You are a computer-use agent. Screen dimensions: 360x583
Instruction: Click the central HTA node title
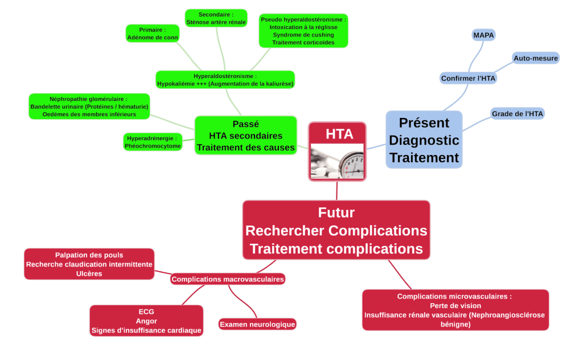339,134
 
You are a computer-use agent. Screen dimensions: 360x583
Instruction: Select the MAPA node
484,35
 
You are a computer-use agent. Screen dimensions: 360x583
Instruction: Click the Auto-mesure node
536,58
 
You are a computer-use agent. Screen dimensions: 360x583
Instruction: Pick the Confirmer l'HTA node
469,78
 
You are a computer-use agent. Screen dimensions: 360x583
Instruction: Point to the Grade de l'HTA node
518,114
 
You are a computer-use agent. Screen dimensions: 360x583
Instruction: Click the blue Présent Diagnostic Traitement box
424,140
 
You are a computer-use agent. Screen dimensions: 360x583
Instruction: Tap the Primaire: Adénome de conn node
153,33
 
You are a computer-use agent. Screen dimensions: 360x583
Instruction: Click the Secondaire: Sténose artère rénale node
216,18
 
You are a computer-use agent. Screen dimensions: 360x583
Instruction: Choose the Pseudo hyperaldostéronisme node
303,31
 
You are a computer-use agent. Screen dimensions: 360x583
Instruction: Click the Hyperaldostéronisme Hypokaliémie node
225,80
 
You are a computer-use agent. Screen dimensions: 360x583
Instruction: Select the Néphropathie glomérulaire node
90,107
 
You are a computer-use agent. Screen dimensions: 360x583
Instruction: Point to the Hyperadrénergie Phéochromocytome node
153,142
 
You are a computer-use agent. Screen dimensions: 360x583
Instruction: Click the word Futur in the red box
336,212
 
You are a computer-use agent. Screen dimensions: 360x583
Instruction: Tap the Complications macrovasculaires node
228,279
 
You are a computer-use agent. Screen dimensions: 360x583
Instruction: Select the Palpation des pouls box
89,264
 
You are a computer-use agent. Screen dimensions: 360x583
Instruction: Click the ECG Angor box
146,321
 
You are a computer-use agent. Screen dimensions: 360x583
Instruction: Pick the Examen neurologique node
257,324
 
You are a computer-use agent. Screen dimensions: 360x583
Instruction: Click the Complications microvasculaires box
455,310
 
